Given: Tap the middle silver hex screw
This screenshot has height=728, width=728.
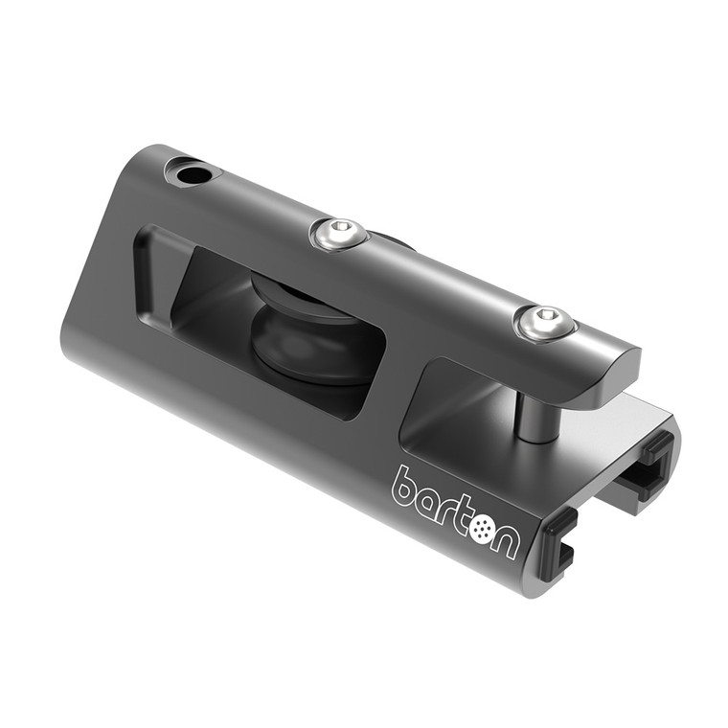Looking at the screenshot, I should [340, 233].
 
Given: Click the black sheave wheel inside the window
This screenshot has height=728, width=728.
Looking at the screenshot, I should [307, 330].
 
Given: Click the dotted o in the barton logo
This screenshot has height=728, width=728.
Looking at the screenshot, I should [481, 528].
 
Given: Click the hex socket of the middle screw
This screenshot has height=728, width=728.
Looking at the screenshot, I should [340, 230].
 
